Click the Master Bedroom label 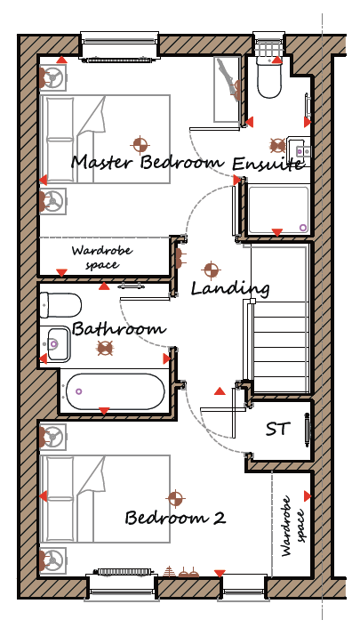pos(148,163)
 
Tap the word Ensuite pos(268,164)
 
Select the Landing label pos(230,288)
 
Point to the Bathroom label pos(118,329)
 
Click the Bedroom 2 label pos(175,518)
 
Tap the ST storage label pos(277,429)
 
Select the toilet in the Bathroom pos(60,305)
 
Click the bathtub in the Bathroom pos(116,391)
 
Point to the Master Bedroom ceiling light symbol pos(140,145)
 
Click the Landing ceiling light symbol pos(211,270)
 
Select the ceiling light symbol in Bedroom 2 pos(175,499)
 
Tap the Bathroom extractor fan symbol pos(105,348)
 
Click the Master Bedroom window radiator pos(119,60)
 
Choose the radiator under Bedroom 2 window pos(124,571)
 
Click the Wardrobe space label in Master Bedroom pos(101,258)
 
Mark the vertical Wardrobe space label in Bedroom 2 pos(293,526)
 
